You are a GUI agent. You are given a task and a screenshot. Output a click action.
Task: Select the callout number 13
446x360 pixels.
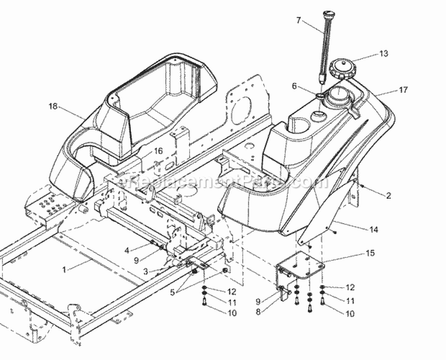[x=384, y=54]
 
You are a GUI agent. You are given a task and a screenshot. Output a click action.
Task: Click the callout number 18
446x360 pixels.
[x=54, y=106]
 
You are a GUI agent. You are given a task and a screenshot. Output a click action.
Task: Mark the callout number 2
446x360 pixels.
[x=388, y=195]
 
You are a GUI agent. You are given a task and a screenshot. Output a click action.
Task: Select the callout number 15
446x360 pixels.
[x=370, y=253]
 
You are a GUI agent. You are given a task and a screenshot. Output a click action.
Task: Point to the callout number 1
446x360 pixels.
[x=64, y=269]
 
